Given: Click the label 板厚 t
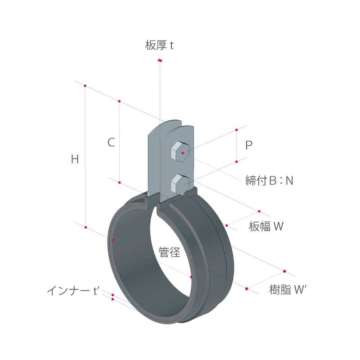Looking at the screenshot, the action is pos(159,45).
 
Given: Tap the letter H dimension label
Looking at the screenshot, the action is pos(75,159).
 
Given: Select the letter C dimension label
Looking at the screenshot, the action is pos(111,142).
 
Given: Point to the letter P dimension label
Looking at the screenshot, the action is pos(249,145).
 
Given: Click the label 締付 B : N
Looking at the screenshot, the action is pos(269,180).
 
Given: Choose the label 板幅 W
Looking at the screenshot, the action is pos(266,226).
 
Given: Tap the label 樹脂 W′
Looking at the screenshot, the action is pos(288,289).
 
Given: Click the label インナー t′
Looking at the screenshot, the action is pos(73,291).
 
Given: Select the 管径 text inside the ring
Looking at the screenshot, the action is pos(170,252).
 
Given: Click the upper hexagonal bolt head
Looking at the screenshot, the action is pos(180,152).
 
